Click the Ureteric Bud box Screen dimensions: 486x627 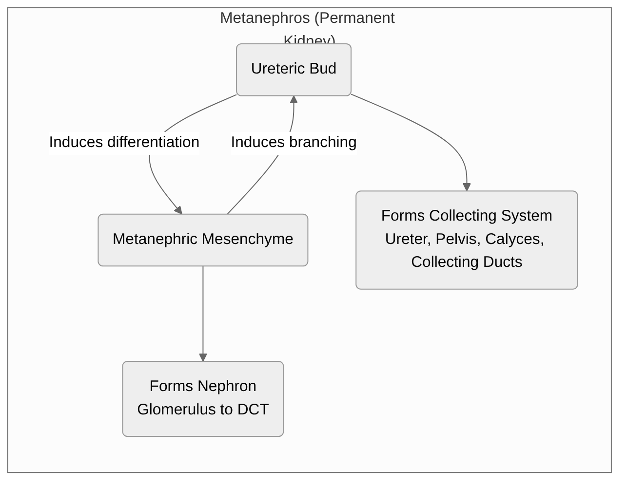tap(294, 70)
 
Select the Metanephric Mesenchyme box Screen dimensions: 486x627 tap(203, 240)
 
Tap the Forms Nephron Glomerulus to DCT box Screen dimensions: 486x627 tap(203, 398)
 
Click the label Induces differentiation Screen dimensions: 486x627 tap(124, 142)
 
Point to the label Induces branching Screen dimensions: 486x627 tap(294, 142)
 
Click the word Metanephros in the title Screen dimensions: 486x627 tap(265, 18)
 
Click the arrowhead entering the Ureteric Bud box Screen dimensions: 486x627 tap(294, 100)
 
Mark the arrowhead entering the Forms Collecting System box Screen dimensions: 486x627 tap(467, 187)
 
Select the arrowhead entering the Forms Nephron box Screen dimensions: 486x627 tap(203, 357)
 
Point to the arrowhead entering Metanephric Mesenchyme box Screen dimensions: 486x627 tap(178, 210)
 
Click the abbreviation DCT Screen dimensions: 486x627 tap(253, 409)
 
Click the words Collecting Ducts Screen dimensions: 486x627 tap(467, 262)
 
